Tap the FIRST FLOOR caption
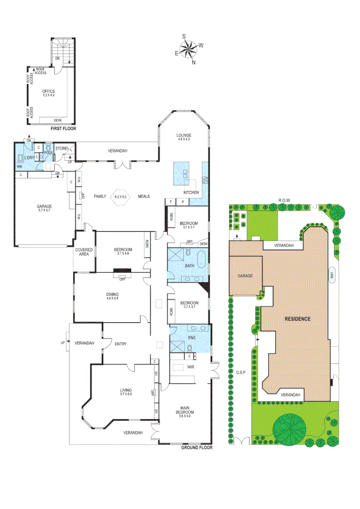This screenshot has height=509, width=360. click(63, 128)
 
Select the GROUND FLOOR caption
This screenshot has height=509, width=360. click(197, 448)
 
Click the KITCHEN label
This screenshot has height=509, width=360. click(191, 193)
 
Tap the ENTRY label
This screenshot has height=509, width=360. click(121, 344)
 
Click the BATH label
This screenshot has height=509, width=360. click(189, 266)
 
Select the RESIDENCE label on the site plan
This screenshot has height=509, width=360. click(297, 319)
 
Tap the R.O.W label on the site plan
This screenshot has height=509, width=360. click(284, 200)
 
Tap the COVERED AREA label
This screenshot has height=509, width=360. click(84, 251)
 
